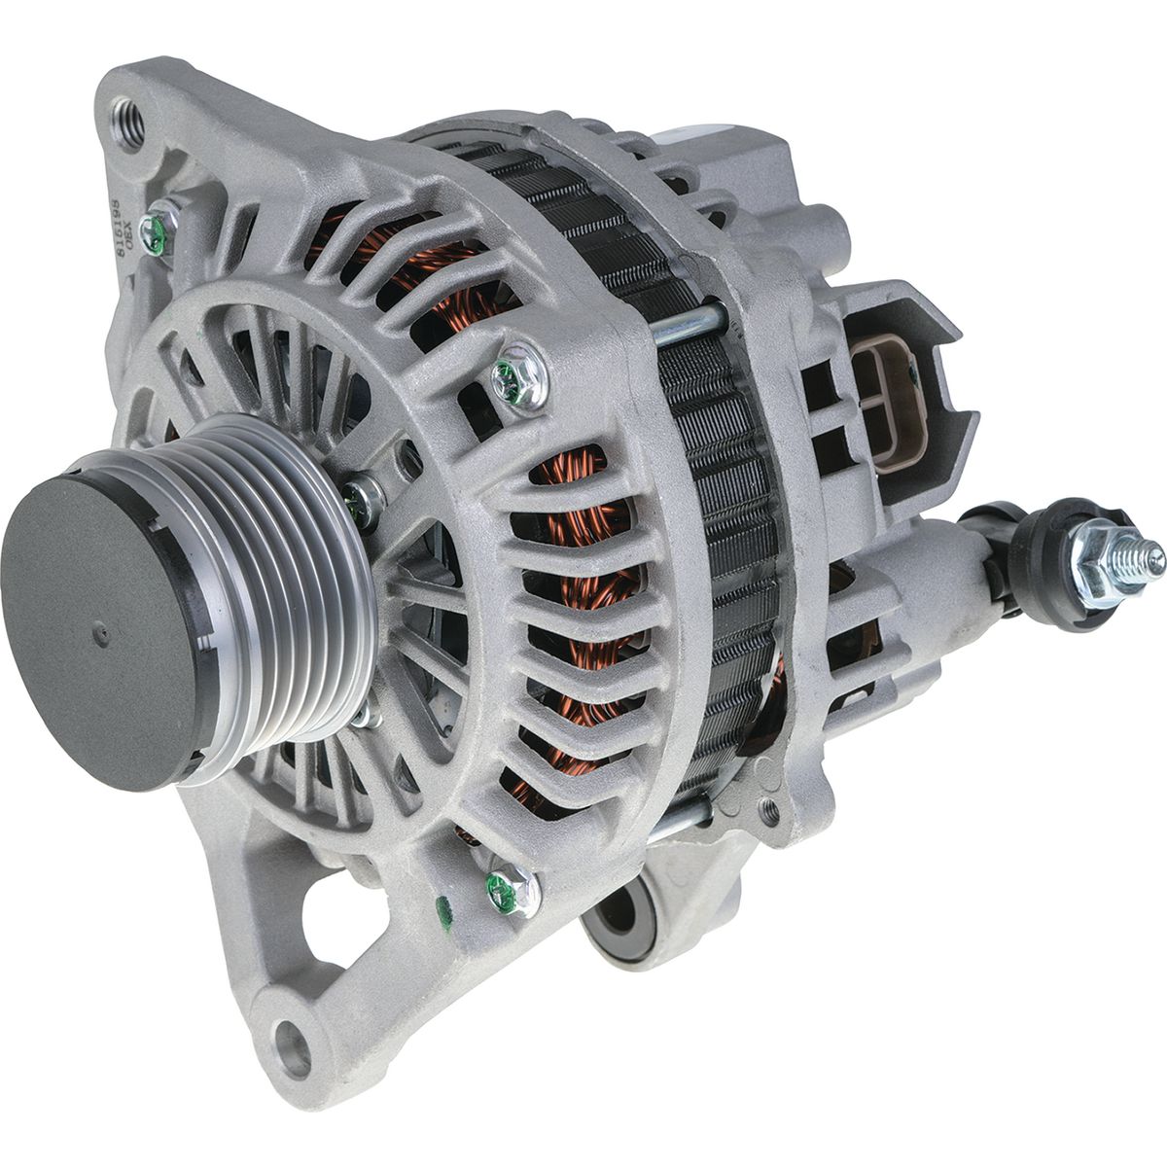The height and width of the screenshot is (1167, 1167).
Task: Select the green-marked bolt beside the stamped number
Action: (156, 230)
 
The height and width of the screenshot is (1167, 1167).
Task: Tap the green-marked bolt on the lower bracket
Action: (506, 886)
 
